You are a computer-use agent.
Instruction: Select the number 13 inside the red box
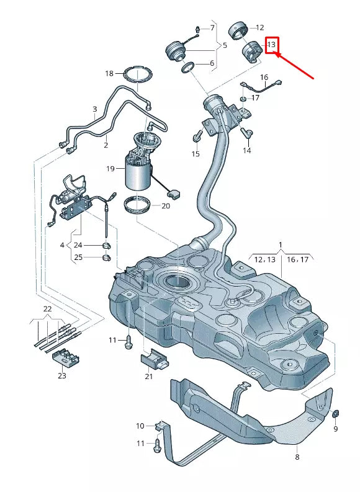(x=271, y=45)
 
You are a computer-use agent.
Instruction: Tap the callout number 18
(x=109, y=73)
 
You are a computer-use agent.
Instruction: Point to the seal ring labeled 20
(x=138, y=205)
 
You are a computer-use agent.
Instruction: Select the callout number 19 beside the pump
(x=110, y=168)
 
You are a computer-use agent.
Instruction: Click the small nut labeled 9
(x=335, y=413)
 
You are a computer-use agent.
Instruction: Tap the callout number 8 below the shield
(x=297, y=457)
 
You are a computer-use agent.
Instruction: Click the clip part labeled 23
(x=65, y=358)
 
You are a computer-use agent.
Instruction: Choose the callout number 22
(x=47, y=309)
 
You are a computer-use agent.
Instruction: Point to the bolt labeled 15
(x=198, y=135)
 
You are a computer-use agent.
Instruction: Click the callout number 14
(x=246, y=150)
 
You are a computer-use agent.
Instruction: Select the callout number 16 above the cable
(x=264, y=77)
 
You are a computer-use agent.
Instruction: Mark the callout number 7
(x=211, y=28)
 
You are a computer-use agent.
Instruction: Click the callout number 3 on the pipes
(x=94, y=109)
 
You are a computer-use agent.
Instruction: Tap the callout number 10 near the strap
(x=140, y=426)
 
